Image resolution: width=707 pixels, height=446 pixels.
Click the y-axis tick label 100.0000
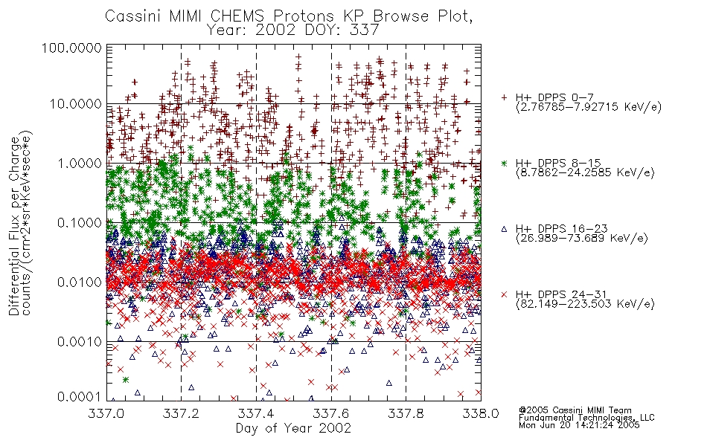pos(71,48)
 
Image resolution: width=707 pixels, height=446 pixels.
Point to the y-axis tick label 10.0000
pos(76,104)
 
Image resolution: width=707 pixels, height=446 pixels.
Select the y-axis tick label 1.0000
pos(79,163)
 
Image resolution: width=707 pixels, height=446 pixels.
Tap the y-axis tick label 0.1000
pos(79,222)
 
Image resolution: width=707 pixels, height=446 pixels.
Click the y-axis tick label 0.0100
pos(79,282)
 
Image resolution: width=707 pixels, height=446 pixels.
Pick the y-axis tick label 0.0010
pos(79,342)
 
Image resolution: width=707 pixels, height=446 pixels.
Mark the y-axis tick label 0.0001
pos(79,397)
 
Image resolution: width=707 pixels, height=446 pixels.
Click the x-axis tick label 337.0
pos(106,413)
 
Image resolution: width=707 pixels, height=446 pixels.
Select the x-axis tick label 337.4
pos(256,413)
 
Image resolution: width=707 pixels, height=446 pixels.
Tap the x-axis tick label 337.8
pos(406,413)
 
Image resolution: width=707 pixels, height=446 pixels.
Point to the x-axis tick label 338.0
pos(481,413)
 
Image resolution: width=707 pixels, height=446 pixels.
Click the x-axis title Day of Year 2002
pos(293,428)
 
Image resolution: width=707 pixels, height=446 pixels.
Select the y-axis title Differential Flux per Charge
pos(15,226)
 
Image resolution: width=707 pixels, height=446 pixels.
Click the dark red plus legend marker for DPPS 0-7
pos(504,97)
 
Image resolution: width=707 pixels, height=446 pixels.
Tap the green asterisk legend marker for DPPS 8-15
pos(504,163)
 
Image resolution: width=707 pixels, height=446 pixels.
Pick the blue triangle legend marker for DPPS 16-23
pos(504,229)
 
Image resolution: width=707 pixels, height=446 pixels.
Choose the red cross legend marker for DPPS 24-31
pos(504,294)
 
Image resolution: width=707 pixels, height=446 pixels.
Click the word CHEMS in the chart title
pos(238,16)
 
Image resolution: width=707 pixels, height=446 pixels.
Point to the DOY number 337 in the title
pos(363,30)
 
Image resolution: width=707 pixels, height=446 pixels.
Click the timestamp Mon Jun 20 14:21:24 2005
pos(579,425)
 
